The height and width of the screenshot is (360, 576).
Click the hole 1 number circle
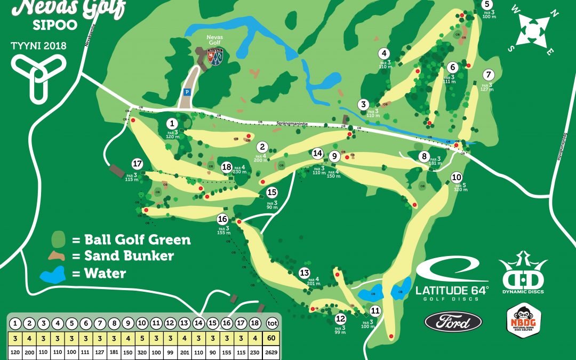171,124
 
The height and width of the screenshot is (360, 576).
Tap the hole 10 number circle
456,177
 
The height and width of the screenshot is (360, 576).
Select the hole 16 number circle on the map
222,219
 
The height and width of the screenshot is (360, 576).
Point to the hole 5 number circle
487,4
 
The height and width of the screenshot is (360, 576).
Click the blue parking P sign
187,92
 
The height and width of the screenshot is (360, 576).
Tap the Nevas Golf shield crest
214,56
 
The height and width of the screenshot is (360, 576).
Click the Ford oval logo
453,322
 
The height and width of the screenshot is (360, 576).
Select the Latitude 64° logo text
452,291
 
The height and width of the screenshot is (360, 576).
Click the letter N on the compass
554,14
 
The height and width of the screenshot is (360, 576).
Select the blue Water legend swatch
53,274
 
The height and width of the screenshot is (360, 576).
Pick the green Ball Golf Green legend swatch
59,238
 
